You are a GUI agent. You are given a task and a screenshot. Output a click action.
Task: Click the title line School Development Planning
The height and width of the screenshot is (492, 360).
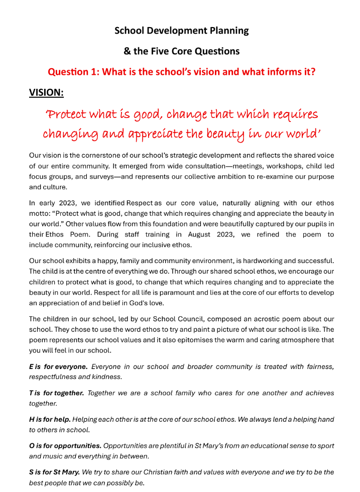181,31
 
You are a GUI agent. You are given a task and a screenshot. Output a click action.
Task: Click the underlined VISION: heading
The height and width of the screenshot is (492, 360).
46,93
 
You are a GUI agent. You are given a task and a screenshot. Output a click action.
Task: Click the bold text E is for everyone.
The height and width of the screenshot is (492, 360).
58,366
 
